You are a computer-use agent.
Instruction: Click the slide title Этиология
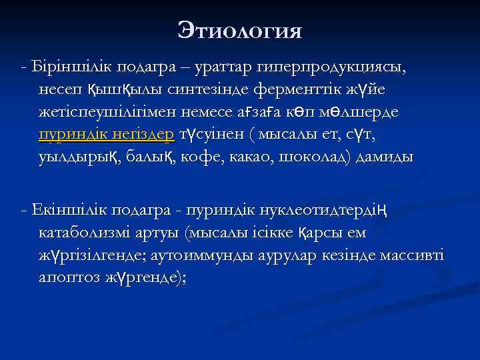[x=240, y=30]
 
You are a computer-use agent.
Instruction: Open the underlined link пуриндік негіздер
[x=107, y=134]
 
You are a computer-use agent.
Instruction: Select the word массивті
[x=414, y=256]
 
